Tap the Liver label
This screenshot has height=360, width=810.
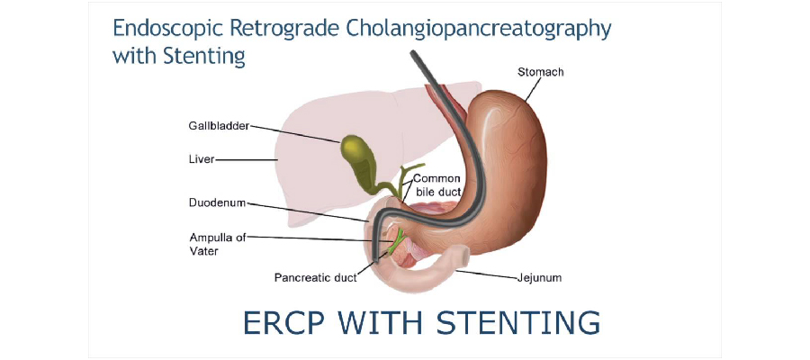click(x=202, y=159)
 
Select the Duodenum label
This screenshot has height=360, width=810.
click(x=217, y=202)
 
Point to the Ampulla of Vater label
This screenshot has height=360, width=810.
click(x=218, y=244)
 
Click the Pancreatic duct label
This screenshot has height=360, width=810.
click(x=316, y=278)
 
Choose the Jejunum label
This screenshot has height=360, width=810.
click(x=539, y=278)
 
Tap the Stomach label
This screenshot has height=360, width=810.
click(x=540, y=72)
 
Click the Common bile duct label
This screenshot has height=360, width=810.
click(x=437, y=185)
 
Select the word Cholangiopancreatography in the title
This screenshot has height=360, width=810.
click(x=479, y=30)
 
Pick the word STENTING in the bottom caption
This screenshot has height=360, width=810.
click(x=518, y=322)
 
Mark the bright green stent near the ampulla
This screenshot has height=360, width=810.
click(x=396, y=242)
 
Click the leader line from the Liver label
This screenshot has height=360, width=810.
click(x=247, y=159)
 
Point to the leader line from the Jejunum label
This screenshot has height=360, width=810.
click(x=486, y=274)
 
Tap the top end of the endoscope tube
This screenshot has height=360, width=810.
click(x=413, y=53)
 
